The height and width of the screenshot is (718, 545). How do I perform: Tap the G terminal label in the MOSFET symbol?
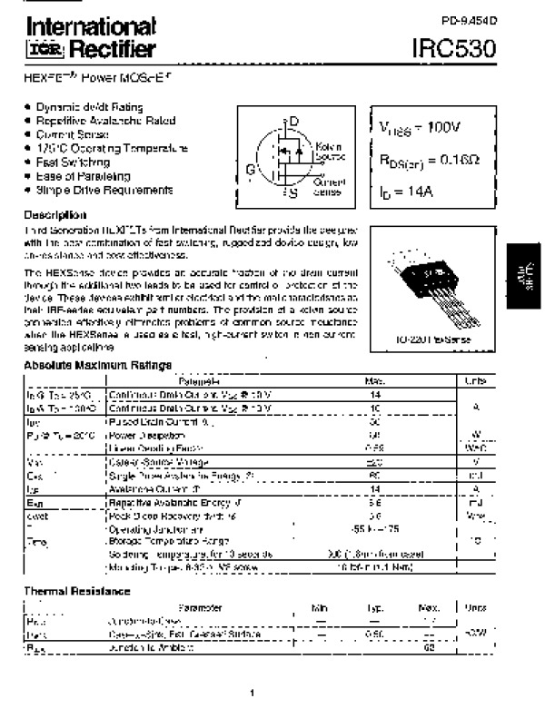tap(250, 168)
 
